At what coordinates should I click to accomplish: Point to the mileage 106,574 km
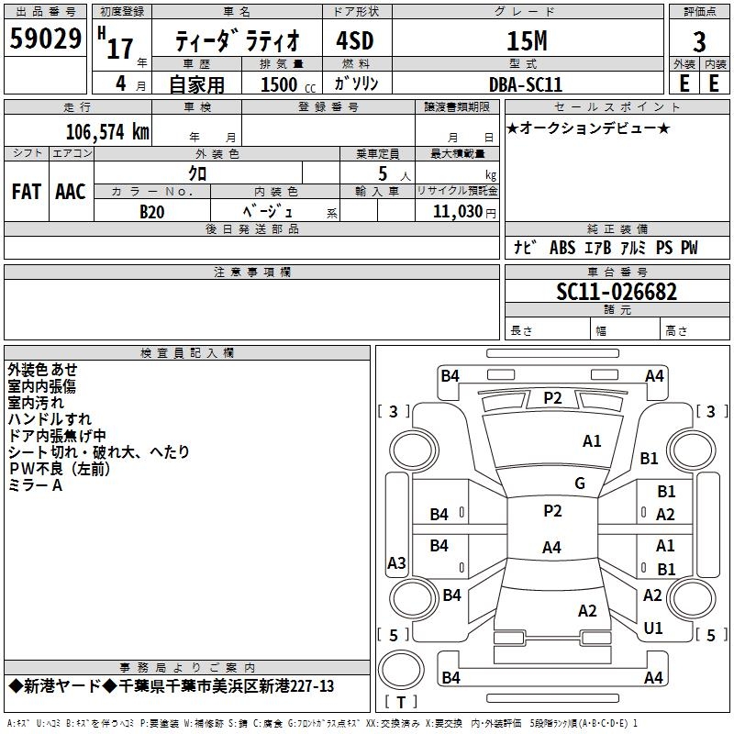(x=107, y=132)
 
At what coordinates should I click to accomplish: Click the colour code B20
(x=152, y=212)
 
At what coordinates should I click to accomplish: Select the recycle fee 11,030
(x=457, y=212)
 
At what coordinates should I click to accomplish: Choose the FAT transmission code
(x=27, y=191)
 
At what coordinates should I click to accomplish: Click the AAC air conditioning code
(x=71, y=191)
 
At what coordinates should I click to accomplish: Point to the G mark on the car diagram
(x=579, y=484)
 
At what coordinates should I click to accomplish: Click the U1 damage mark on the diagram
(x=653, y=628)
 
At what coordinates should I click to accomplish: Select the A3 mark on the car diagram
(x=396, y=562)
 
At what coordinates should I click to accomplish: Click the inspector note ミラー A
(x=35, y=485)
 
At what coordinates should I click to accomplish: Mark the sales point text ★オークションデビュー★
(x=588, y=128)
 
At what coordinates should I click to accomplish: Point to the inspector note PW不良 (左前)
(x=59, y=469)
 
